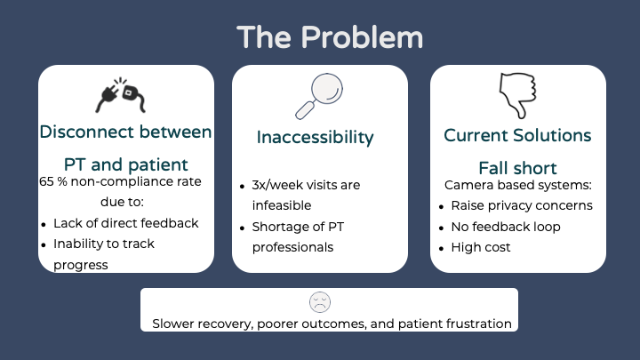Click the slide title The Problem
(330, 37)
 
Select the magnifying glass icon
(319, 96)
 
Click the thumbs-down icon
(517, 95)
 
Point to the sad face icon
(320, 302)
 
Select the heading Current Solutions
(517, 135)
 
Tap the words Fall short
(517, 168)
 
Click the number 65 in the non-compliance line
(47, 182)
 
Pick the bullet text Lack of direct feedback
(125, 223)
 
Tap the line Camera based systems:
(517, 185)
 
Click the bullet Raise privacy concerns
(521, 205)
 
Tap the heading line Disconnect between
(125, 132)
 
